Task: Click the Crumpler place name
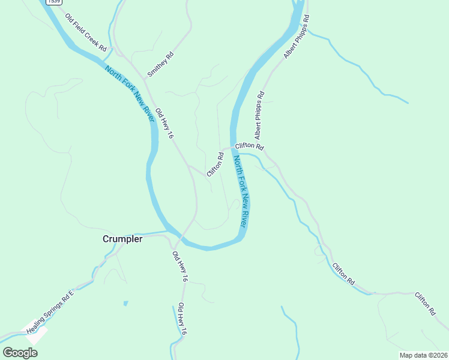click(x=122, y=239)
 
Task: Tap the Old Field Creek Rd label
click(x=86, y=32)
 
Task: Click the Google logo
click(x=20, y=352)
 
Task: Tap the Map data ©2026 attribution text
click(x=423, y=355)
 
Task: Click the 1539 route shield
click(x=53, y=2)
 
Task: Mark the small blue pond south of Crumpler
click(x=125, y=303)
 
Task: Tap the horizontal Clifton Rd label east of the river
click(x=250, y=146)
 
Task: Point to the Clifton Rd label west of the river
click(x=215, y=164)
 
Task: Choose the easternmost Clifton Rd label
click(x=425, y=304)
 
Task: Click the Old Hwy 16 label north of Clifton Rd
click(x=164, y=124)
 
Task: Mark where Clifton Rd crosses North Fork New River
click(x=234, y=148)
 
